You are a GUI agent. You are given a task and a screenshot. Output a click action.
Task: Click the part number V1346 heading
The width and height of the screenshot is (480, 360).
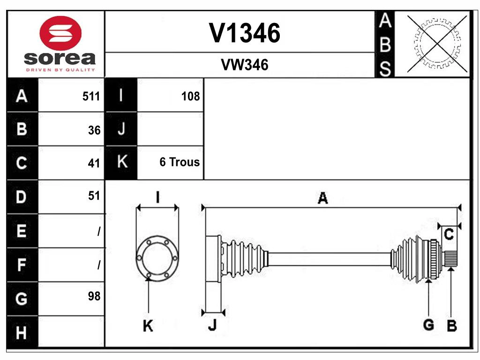click(x=244, y=33)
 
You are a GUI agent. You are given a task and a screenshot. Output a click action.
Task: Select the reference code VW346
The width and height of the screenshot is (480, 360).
click(x=244, y=65)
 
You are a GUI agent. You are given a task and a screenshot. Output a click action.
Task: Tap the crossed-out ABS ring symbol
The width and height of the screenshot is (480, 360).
click(x=437, y=44)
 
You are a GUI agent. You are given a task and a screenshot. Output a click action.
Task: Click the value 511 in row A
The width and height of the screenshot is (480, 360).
click(x=91, y=97)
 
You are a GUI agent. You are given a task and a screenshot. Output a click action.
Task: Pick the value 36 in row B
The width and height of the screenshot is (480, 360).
click(x=94, y=130)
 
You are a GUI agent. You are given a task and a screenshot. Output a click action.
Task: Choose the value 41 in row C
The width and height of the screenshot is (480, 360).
click(x=94, y=163)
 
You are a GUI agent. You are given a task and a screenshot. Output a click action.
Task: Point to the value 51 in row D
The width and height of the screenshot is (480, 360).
click(x=94, y=195)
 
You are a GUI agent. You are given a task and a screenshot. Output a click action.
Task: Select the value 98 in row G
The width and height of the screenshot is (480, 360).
click(x=94, y=296)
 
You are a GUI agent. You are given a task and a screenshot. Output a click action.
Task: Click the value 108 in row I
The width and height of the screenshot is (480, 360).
click(x=190, y=97)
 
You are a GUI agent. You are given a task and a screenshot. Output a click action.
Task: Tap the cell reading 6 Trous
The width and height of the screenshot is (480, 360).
click(x=180, y=162)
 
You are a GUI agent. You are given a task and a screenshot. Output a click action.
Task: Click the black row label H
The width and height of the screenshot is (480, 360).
click(x=22, y=333)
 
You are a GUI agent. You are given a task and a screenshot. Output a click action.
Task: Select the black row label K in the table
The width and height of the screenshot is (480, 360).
click(x=121, y=162)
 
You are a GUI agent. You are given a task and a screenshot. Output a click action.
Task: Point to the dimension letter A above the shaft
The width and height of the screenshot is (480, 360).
click(x=322, y=198)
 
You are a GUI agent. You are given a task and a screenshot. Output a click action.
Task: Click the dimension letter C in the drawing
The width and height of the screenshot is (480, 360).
click(x=449, y=234)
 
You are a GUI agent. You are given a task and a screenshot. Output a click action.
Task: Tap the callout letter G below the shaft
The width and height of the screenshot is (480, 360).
click(x=428, y=324)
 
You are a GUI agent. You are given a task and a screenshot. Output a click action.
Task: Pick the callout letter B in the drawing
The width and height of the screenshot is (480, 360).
click(x=451, y=326)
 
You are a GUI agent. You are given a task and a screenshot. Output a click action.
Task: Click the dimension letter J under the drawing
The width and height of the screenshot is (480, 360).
click(x=212, y=325)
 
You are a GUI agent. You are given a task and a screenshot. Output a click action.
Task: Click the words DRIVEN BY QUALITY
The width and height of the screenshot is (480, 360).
click(x=60, y=70)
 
